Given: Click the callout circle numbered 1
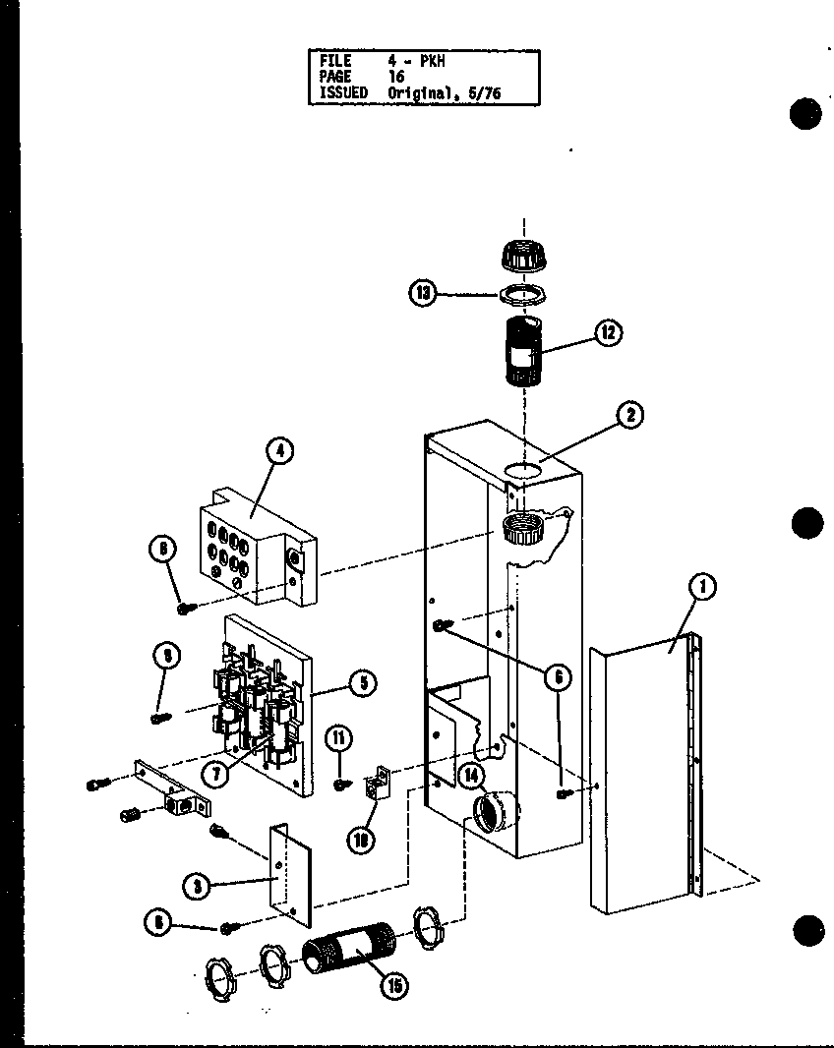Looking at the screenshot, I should tap(702, 588).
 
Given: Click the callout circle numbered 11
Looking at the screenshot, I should tap(341, 739).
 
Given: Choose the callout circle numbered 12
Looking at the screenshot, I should tap(608, 333).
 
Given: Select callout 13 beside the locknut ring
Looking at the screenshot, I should tap(425, 293).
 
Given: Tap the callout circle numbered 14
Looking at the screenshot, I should tap(471, 777).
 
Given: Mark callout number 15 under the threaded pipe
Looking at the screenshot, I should tap(395, 984).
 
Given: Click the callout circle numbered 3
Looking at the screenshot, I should tap(198, 885).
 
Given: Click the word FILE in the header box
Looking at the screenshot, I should tap(335, 61).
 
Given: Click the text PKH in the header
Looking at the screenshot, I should tap(432, 61).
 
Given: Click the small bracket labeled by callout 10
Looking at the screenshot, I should tap(376, 786).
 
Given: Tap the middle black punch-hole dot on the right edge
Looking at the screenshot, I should tap(805, 522).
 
